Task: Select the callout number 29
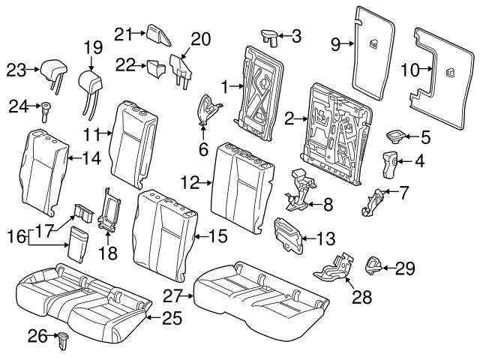pos(405,267)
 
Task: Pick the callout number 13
pos(325,239)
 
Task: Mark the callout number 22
pos(125,66)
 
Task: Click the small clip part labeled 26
pos(63,340)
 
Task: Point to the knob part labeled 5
pos(394,136)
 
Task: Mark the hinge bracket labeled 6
pos(209,109)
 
